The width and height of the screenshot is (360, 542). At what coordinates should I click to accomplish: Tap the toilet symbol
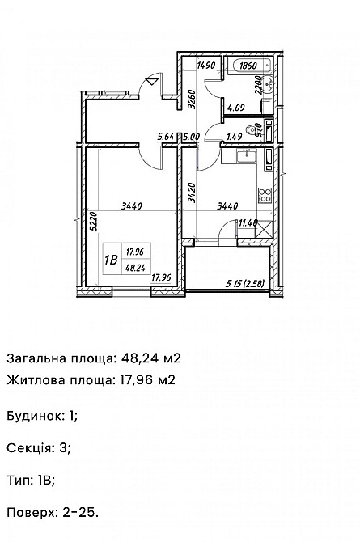coord(257,129)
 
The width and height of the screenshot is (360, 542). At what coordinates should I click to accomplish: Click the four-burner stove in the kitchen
coord(263,194)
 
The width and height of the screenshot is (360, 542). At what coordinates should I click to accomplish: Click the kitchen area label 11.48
coord(248,223)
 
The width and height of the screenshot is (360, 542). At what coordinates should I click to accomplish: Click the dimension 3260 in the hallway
coord(191,100)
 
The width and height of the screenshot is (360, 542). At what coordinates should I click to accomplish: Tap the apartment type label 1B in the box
coord(111,260)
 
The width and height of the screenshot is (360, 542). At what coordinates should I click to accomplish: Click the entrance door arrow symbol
coord(150,81)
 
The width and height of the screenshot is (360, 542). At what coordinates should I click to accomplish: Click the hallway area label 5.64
coord(167,137)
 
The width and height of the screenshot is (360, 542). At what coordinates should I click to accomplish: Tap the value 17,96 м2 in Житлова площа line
coord(146,379)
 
